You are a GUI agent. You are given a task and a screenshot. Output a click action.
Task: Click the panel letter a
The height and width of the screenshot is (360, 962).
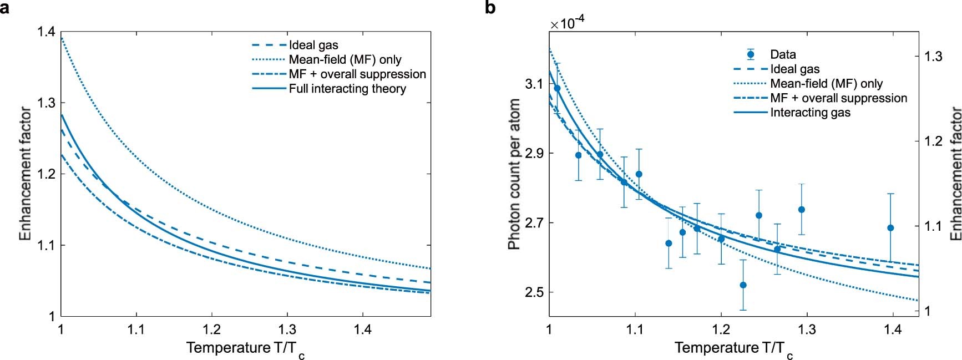coord(4,8)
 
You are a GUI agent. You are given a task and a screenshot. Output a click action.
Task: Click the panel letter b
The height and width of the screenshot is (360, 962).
coord(490,8)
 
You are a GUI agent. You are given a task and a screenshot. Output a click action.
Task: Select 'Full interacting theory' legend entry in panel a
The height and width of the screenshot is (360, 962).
coord(347,89)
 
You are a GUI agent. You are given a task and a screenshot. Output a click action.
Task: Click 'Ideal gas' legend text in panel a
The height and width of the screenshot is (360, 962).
coord(313,45)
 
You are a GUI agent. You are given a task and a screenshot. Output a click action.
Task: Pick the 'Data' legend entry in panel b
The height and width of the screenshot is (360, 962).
coord(782,54)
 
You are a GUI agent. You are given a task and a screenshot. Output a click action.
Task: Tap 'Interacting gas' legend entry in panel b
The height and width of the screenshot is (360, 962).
coord(809,113)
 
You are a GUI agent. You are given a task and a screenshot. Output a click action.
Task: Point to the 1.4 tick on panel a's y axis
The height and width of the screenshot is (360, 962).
coord(46,32)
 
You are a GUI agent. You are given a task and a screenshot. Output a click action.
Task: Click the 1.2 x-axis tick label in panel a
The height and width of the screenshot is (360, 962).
coord(211,330)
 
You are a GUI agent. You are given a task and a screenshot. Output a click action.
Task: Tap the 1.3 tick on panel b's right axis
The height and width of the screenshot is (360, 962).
coord(931,57)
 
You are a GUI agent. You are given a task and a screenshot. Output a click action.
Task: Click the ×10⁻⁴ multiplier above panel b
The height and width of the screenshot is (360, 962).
coord(567,23)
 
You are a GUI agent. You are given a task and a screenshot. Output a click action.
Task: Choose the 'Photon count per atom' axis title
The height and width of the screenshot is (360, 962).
coord(514,174)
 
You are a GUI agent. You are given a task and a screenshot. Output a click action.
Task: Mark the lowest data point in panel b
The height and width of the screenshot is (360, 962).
coord(743,285)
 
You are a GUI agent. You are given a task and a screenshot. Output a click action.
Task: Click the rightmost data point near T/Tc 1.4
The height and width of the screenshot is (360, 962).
coord(890,228)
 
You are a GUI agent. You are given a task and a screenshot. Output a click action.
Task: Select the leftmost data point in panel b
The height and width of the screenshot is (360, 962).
coord(557,88)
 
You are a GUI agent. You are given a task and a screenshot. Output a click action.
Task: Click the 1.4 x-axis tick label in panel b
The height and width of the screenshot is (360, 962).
coord(893,330)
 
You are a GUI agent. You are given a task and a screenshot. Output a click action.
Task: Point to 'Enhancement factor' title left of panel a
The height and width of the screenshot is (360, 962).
coord(25,174)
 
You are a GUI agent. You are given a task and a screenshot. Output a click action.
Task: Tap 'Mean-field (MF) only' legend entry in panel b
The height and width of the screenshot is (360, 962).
coord(826,84)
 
